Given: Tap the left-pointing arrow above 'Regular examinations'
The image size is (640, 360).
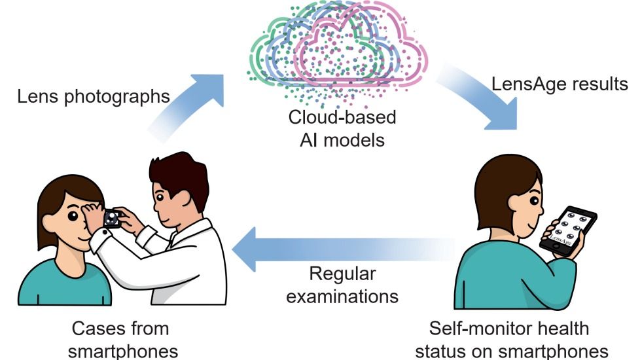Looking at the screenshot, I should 327,253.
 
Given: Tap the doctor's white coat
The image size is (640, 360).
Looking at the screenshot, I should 190,262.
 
